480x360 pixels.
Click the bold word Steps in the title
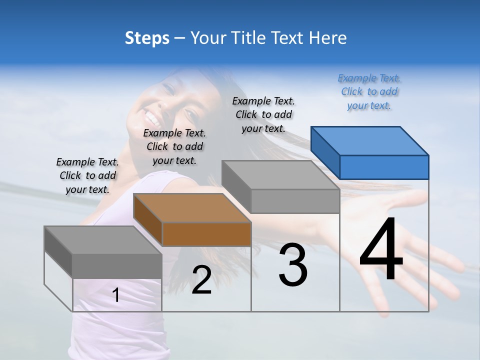pos(147,38)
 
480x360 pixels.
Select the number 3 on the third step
pos(293,265)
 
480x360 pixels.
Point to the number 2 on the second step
pos(201,280)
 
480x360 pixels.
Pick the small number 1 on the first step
pos(116,295)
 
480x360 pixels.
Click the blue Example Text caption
pos(369,91)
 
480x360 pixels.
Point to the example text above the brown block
pos(174,146)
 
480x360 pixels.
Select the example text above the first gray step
pos(87,175)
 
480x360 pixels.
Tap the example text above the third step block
pos(263,114)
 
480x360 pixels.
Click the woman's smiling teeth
pos(150,119)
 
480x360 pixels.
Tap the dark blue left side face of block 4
pos(325,152)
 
